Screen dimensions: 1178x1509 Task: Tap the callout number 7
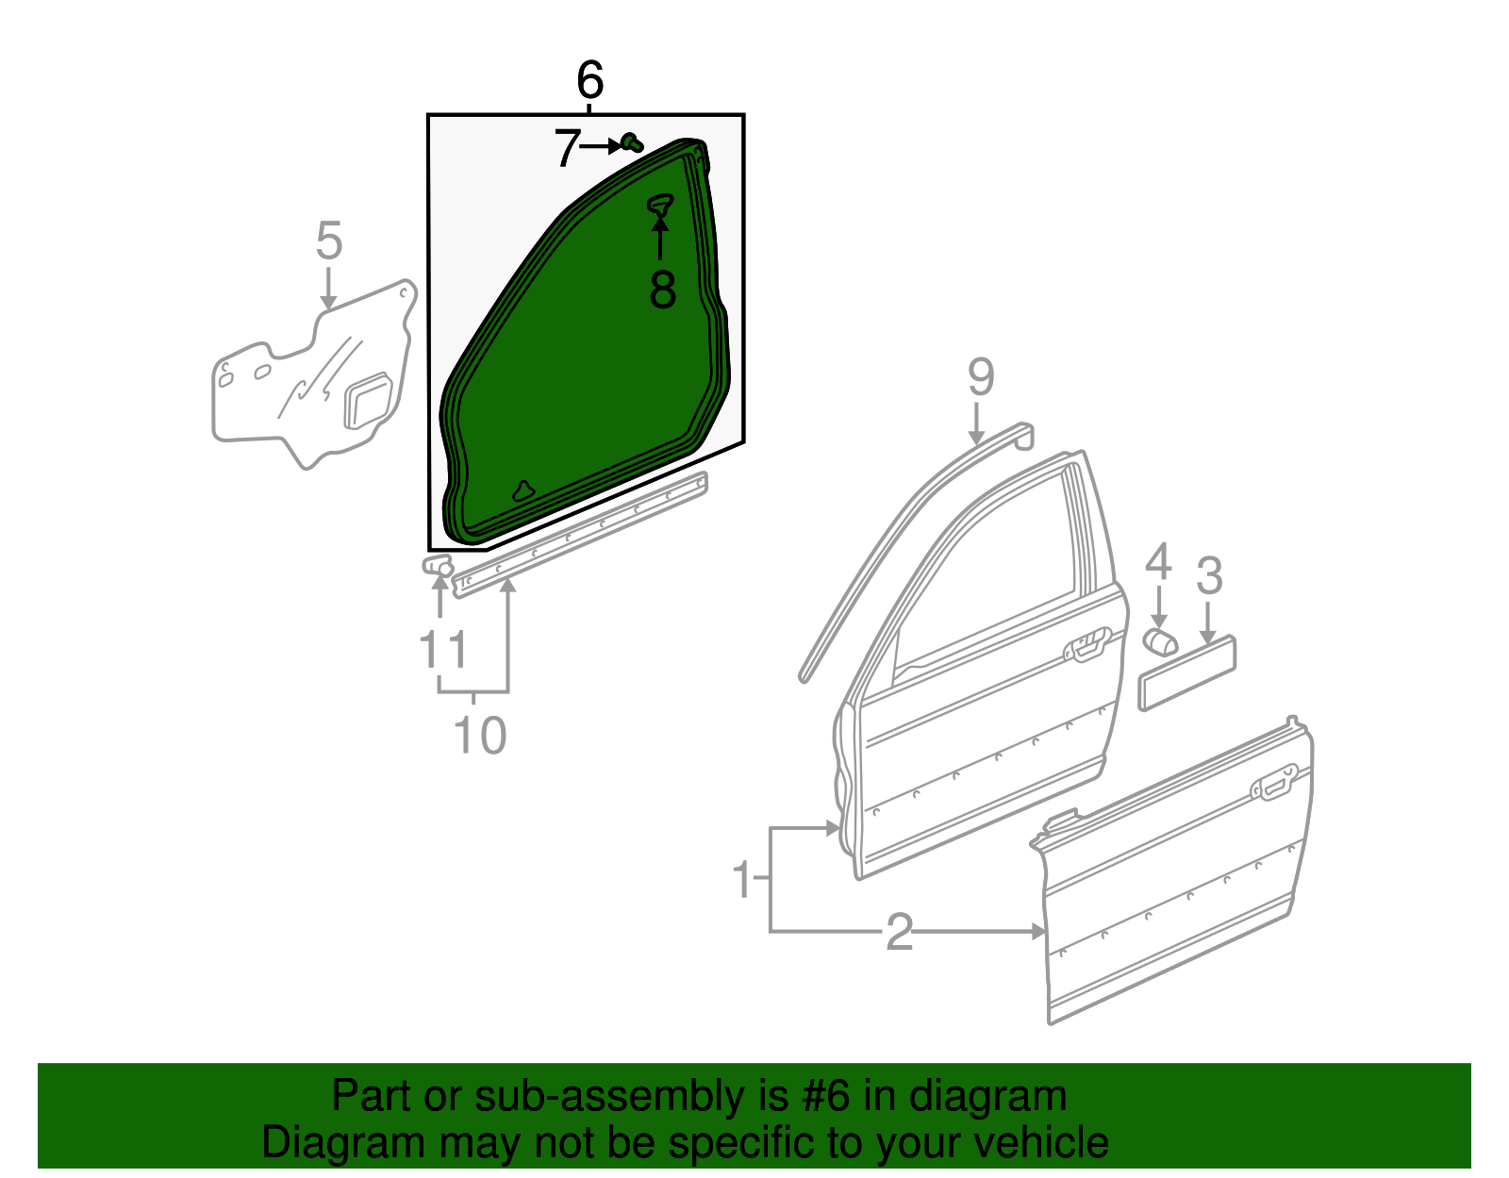(566, 148)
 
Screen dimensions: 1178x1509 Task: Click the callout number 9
(981, 377)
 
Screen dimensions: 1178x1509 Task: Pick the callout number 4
(1158, 562)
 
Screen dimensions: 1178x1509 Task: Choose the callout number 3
(1209, 575)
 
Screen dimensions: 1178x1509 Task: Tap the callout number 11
(443, 650)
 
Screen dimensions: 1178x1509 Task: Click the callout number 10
(480, 735)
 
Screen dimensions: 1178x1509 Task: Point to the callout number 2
(900, 932)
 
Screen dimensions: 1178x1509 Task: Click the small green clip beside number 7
(632, 143)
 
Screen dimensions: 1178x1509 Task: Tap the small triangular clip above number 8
(661, 205)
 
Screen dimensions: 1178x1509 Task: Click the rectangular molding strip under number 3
(1187, 672)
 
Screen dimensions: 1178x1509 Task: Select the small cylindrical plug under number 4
(1159, 641)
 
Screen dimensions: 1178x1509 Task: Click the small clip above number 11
(438, 566)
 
